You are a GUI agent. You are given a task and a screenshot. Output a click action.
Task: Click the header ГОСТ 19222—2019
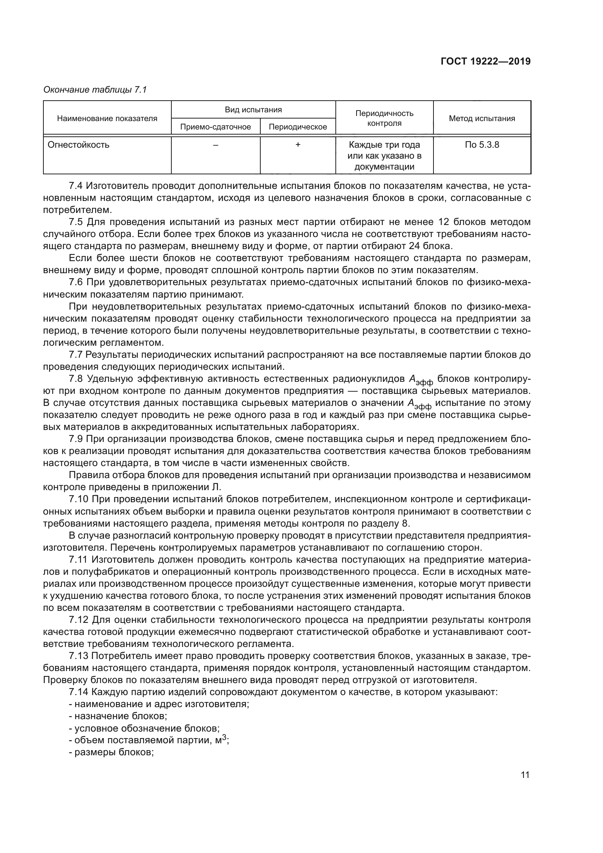485,61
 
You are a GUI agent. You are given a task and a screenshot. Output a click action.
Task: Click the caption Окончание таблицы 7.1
95,90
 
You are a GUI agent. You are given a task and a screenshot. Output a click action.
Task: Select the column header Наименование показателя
107,119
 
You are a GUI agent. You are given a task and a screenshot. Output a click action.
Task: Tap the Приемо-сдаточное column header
215,127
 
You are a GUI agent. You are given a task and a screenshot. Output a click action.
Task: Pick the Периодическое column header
298,127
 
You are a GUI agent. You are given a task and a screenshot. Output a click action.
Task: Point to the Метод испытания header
482,119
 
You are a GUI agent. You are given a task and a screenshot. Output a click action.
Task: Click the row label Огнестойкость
78,145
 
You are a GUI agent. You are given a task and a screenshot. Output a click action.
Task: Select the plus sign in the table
298,145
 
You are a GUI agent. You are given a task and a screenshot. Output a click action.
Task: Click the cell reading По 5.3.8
482,145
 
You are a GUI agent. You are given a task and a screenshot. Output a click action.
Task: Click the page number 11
525,803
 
